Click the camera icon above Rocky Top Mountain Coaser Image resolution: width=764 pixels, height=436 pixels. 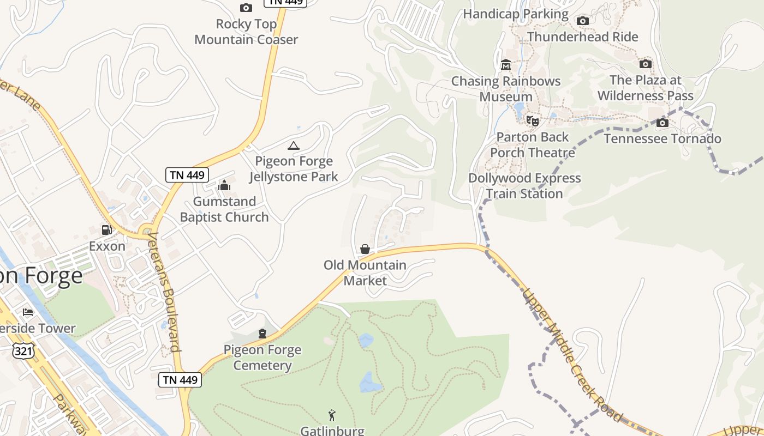click(x=246, y=8)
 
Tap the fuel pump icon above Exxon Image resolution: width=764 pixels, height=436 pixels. click(x=106, y=231)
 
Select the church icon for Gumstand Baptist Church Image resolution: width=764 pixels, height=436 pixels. click(x=224, y=186)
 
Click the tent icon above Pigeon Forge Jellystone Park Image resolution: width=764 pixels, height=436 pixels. click(x=294, y=146)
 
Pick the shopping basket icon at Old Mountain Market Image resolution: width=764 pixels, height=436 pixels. click(x=365, y=249)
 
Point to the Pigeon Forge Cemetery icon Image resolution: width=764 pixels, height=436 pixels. click(x=262, y=334)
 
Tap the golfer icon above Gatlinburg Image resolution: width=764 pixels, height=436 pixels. click(x=331, y=415)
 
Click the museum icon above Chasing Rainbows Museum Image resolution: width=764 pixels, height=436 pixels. click(x=505, y=65)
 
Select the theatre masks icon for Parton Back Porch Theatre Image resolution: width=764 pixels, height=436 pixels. click(x=532, y=120)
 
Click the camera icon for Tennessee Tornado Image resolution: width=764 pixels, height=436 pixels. click(x=662, y=123)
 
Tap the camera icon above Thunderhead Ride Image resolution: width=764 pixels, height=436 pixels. click(x=583, y=21)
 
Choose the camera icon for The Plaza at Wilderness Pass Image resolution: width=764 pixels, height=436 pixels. click(x=645, y=64)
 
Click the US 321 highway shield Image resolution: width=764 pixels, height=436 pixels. click(x=23, y=351)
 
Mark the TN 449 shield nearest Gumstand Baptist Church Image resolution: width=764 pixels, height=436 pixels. click(x=187, y=175)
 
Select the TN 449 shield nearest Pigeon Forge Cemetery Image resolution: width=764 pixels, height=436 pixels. click(x=180, y=380)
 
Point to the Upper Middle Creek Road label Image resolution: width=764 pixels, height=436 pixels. click(x=571, y=354)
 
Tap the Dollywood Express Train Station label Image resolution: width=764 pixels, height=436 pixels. click(x=524, y=186)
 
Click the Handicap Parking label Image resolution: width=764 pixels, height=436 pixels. click(x=515, y=14)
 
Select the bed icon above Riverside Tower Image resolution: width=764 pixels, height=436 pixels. click(x=28, y=312)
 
